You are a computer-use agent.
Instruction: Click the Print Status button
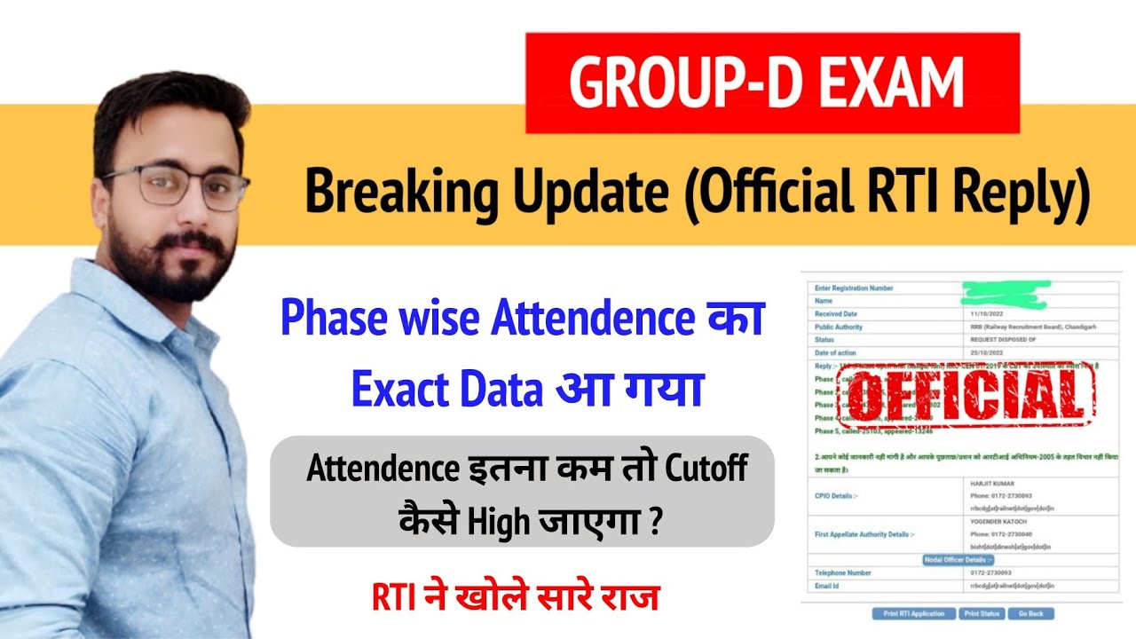click(x=982, y=613)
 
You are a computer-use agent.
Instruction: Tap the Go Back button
click(x=1030, y=613)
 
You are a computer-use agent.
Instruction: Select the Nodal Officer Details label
click(x=958, y=560)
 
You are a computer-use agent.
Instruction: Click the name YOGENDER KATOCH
click(x=998, y=523)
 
